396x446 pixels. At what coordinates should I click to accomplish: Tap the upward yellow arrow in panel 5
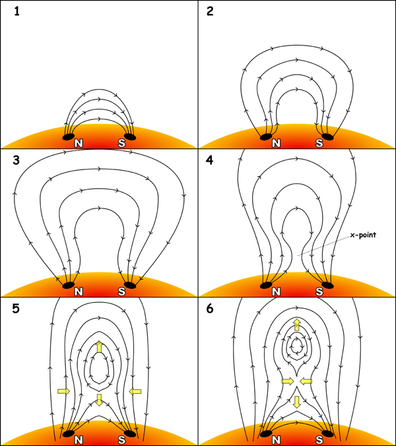pyautogui.click(x=99, y=346)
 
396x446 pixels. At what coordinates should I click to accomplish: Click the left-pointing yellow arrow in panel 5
pyautogui.click(x=135, y=391)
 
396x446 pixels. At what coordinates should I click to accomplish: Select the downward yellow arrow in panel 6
pyautogui.click(x=297, y=401)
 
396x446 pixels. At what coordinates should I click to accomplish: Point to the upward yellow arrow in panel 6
pyautogui.click(x=297, y=324)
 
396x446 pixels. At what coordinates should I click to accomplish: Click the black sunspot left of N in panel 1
pyautogui.click(x=69, y=137)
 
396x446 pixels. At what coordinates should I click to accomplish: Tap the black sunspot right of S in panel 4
pyautogui.click(x=329, y=285)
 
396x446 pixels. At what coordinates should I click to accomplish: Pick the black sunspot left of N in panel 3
pyautogui.click(x=69, y=286)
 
